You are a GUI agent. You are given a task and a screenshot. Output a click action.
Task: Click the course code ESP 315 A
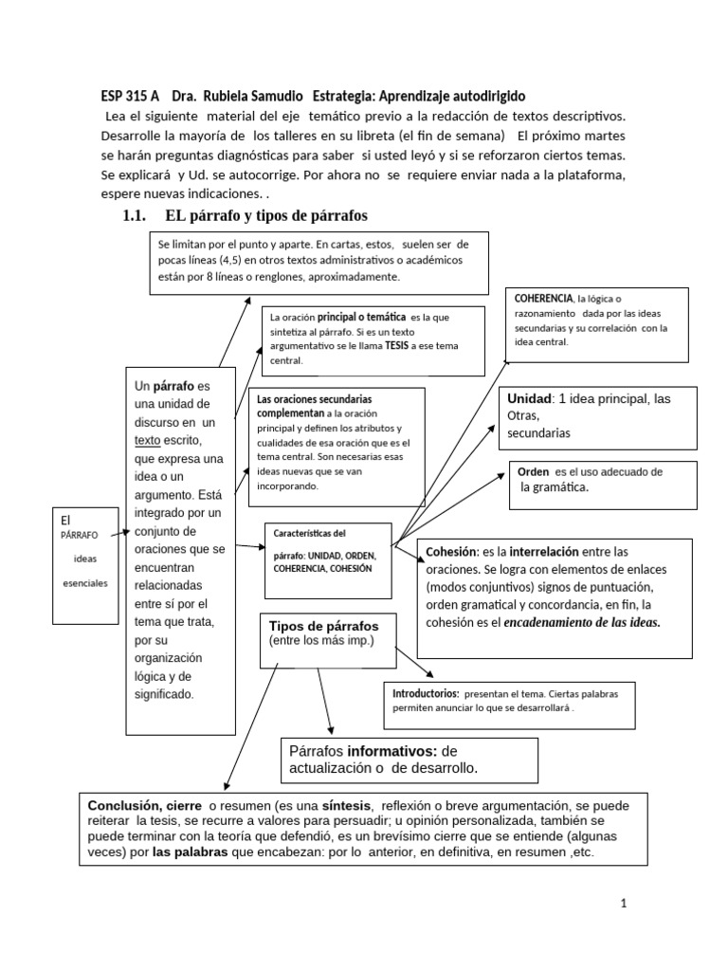[130, 97]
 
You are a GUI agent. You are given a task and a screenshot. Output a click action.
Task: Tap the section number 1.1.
[133, 215]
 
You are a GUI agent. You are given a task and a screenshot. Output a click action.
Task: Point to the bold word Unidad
[530, 398]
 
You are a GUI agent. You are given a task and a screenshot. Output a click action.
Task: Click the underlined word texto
[148, 440]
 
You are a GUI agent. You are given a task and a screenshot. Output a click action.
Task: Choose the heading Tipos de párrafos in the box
[323, 627]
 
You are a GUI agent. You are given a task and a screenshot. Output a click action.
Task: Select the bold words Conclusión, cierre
[145, 804]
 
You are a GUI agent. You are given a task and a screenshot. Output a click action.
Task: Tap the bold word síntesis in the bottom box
[347, 804]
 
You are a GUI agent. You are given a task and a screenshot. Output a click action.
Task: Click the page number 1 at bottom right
[624, 904]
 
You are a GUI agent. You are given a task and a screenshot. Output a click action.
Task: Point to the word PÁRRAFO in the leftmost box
[80, 536]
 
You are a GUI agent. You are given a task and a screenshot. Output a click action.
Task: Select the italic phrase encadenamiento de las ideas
[582, 622]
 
